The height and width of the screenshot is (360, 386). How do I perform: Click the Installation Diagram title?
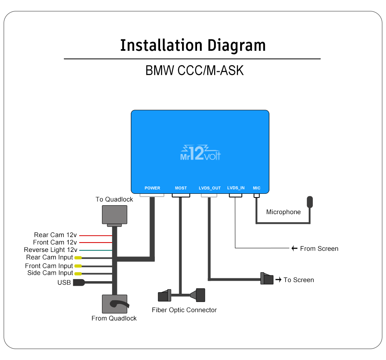coord(193,45)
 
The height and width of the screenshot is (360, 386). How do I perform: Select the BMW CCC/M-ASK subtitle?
coord(194,70)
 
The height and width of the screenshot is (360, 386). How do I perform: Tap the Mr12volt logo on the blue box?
coord(200,153)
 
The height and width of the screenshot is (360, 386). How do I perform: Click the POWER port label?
coord(152,188)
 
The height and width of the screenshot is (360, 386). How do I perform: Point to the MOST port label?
coord(181,188)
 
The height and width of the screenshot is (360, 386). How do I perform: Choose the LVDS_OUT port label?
coord(210,188)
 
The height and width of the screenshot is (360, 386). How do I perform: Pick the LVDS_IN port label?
coord(236,188)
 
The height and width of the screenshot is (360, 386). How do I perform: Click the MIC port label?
coord(256,188)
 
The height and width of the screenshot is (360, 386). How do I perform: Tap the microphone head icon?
coord(310,202)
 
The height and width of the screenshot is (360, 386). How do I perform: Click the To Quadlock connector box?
coord(114,215)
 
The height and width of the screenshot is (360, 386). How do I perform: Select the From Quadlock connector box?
coord(114,304)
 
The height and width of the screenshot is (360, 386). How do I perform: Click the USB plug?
coord(78,283)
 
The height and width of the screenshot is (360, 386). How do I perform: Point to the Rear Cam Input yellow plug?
coord(78,258)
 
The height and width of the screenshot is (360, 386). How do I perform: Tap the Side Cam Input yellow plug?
coord(78,273)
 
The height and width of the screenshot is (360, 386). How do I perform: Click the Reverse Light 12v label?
coord(50,250)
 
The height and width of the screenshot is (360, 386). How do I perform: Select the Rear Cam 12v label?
coord(55,235)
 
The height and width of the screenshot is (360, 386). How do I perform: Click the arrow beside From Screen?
coord(295,249)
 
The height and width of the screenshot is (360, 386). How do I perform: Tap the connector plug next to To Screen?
coord(267,279)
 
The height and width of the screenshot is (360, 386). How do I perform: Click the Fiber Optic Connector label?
coord(184,310)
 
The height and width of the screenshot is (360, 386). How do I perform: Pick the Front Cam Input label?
coord(49,266)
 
